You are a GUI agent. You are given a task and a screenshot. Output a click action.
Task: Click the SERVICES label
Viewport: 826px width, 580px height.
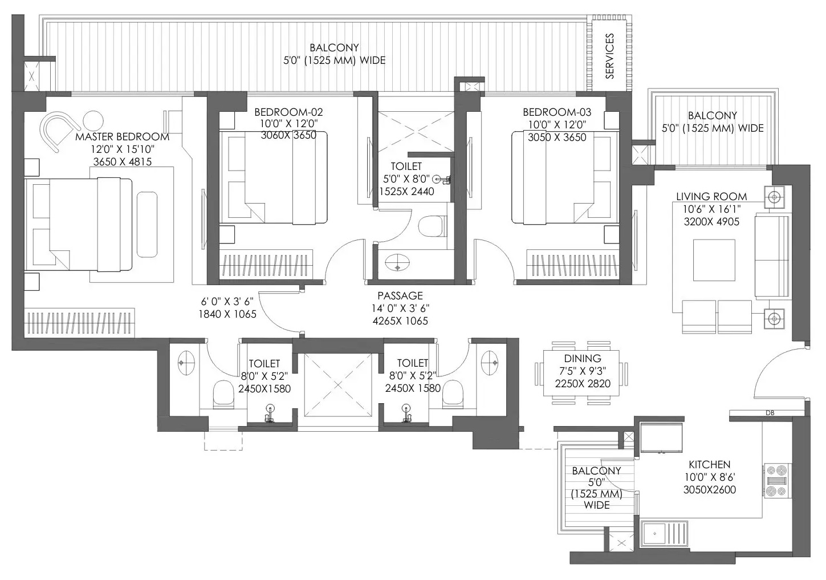click(x=609, y=56)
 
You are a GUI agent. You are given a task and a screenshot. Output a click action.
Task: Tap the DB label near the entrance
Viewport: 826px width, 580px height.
click(x=770, y=413)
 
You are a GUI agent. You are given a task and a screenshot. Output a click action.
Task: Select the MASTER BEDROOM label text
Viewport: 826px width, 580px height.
click(x=123, y=137)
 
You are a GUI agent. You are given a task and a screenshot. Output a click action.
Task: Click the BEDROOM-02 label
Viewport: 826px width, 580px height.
click(x=288, y=112)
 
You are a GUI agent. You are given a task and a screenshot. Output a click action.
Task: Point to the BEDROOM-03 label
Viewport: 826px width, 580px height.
click(x=557, y=112)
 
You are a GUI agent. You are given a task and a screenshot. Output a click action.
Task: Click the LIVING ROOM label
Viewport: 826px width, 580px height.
click(x=711, y=196)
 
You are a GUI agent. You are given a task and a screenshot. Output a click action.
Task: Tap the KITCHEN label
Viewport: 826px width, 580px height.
click(x=710, y=464)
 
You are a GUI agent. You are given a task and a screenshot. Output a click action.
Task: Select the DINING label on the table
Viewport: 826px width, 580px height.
click(x=583, y=358)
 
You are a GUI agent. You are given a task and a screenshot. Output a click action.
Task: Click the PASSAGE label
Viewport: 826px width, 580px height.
click(x=400, y=295)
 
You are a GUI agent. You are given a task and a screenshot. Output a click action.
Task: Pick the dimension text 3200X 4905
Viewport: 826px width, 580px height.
click(x=711, y=222)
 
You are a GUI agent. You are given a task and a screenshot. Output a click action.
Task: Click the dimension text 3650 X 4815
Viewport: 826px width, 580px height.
click(x=123, y=161)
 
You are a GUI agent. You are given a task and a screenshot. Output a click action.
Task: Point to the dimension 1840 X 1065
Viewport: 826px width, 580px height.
click(x=227, y=314)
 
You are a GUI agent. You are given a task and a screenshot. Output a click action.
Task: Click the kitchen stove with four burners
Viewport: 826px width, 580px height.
click(x=776, y=481)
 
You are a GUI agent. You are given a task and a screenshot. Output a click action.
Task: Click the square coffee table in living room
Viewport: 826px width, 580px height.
click(x=714, y=260)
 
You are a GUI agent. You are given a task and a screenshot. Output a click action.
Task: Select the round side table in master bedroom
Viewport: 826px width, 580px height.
click(x=93, y=121)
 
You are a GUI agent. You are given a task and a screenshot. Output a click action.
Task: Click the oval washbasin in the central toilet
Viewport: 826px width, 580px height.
click(x=397, y=263)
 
